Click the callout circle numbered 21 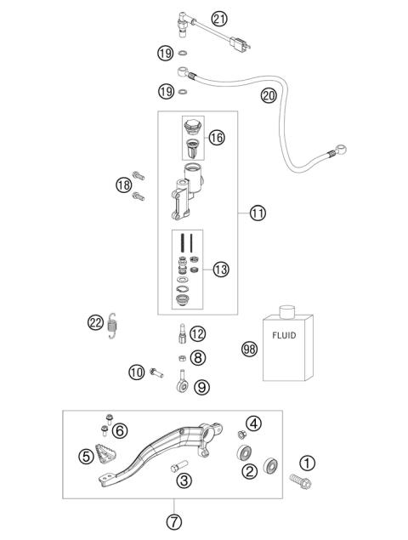coord(219,19)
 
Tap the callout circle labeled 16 coord(217,137)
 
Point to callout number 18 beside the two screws coord(125,185)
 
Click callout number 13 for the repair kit coord(221,270)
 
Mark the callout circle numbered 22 coord(96,321)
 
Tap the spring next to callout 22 coord(115,327)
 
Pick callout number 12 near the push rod coord(197,333)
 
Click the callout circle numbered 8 coord(197,359)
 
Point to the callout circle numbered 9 coord(201,387)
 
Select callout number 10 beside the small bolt coord(136,371)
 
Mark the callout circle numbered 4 coord(254,423)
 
